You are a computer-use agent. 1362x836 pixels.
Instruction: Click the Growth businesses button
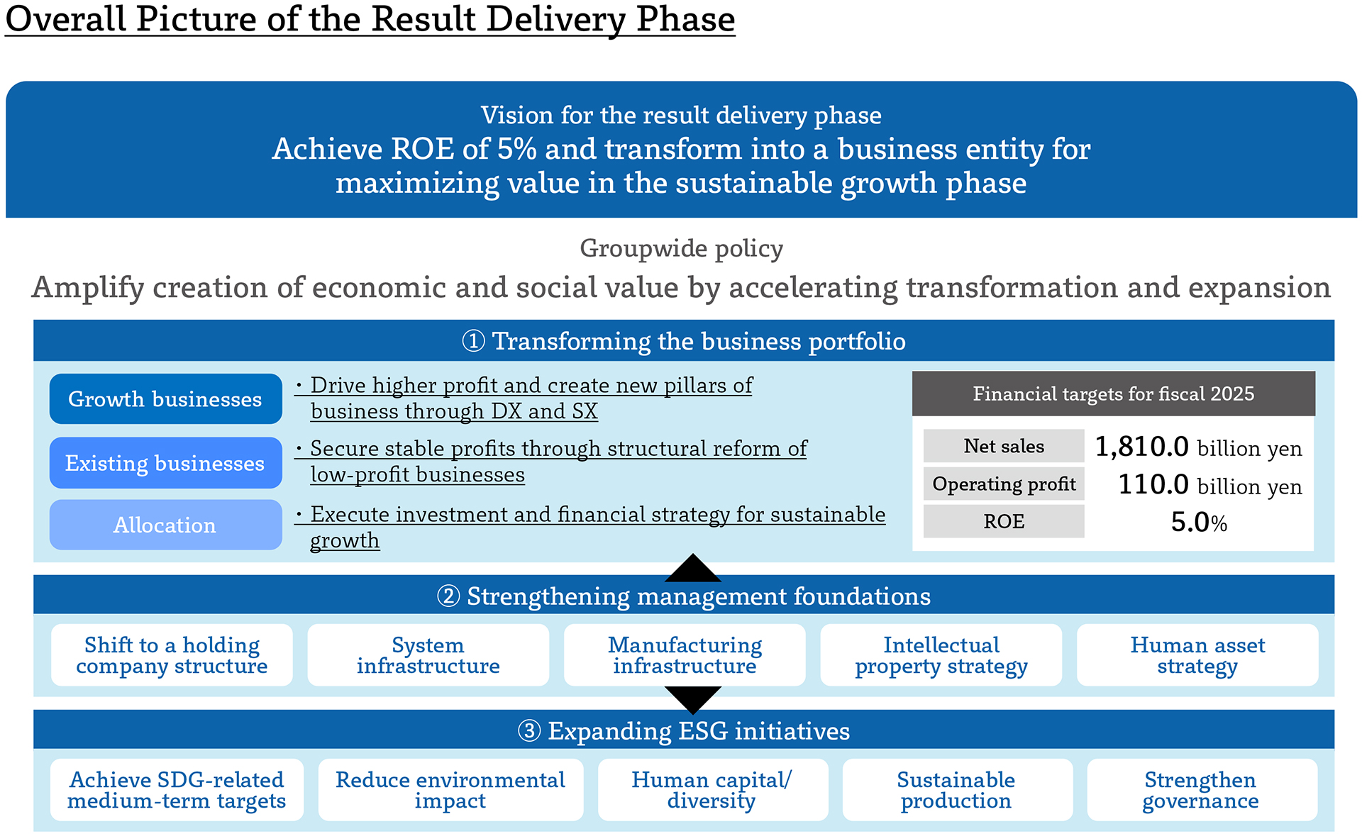166,399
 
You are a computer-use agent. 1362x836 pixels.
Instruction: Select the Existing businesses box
166,462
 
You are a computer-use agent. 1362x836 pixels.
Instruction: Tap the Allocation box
166,525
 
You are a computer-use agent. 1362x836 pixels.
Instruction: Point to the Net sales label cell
1004,446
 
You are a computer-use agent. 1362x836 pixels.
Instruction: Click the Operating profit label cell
1004,484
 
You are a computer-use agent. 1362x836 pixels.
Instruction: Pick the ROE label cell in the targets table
1004,521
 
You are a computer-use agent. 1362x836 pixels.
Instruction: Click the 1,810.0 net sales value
1141,447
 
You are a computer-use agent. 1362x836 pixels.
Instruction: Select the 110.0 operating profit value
1153,484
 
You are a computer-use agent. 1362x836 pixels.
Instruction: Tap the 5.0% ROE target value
1199,522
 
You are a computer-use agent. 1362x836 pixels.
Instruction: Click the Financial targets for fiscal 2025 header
1114,394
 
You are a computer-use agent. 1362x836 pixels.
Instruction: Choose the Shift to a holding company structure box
172,655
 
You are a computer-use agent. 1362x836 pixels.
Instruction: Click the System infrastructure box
428,655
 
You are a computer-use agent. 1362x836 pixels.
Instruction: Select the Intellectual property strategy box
941,655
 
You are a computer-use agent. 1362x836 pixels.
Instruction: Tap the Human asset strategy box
1197,655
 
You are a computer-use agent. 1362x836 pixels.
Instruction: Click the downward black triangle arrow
693,698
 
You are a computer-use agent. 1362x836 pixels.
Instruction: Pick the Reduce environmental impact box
450,790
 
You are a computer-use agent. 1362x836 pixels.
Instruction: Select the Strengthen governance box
1202,790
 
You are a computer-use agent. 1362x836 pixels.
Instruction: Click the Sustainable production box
957,790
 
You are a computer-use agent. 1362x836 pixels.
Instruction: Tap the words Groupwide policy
682,249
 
